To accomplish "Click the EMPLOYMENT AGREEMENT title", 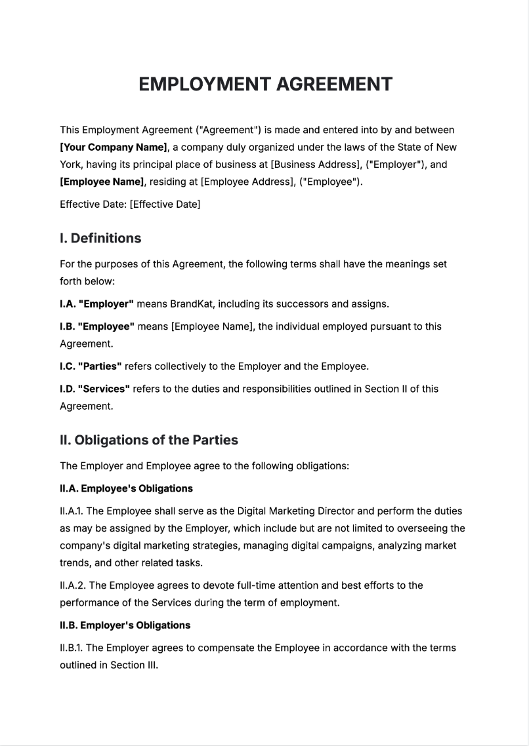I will coord(265,85).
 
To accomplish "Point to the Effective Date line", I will coord(130,204).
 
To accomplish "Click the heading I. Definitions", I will coord(100,238).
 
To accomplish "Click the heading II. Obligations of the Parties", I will coord(149,440).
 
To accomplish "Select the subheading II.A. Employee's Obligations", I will coord(126,488).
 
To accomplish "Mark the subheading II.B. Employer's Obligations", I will coord(125,625).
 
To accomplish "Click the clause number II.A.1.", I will coord(72,511).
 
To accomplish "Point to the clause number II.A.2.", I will coord(72,585).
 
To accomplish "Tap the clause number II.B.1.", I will coord(72,648).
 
